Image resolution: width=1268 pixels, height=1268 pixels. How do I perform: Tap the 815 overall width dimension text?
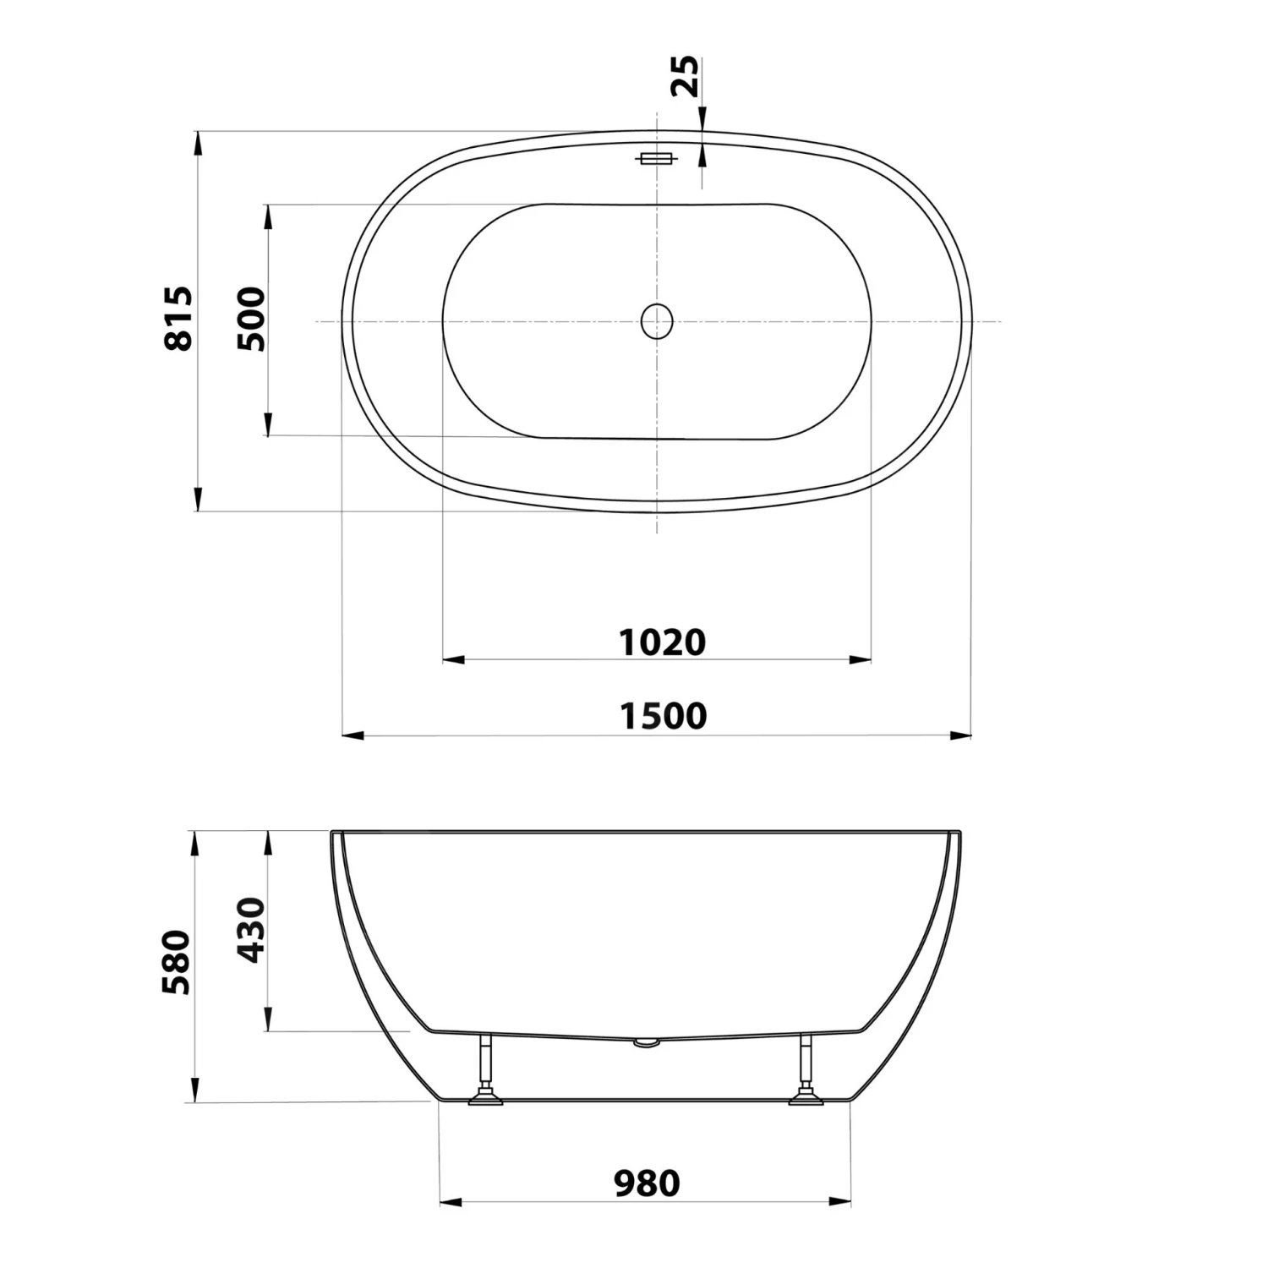tap(179, 319)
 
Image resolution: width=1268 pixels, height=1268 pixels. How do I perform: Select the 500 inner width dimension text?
tap(251, 319)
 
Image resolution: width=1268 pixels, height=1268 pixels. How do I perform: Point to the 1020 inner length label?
tap(663, 642)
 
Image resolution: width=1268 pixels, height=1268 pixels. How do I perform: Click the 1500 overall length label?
tap(664, 716)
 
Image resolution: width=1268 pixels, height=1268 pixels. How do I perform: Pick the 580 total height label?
tap(178, 962)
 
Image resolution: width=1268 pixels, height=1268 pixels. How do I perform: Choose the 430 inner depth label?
tap(251, 930)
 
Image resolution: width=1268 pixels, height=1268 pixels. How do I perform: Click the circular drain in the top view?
tap(657, 321)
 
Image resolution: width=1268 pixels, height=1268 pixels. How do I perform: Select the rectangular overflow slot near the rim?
tap(655, 159)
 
